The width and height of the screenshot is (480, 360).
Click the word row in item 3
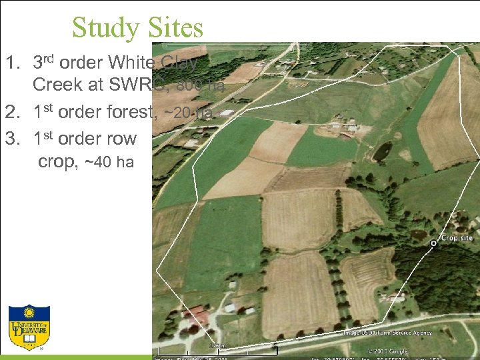pos(121,139)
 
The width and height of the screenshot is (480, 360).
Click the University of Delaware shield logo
pos(29,328)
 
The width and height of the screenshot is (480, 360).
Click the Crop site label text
pos(457,238)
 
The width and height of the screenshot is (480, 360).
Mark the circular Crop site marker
pos(433,244)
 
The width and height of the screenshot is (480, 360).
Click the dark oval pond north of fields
pos(382,152)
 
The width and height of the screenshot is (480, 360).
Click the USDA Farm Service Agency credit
pos(387,332)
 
